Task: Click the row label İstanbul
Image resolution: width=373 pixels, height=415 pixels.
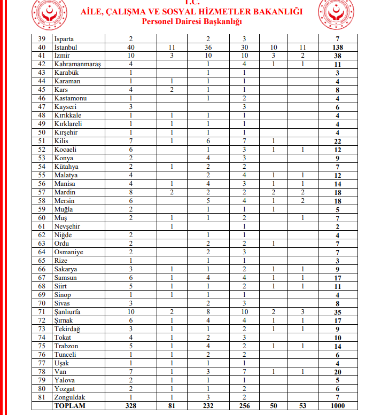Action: (x=66, y=48)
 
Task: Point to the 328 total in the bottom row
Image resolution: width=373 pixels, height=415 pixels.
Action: (x=130, y=406)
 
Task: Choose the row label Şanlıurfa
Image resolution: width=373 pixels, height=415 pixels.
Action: (x=69, y=312)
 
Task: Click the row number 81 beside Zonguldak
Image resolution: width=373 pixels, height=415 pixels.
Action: (x=42, y=397)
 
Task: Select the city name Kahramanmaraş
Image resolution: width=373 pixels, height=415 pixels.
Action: (x=78, y=65)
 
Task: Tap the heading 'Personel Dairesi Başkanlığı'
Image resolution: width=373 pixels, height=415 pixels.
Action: (x=192, y=21)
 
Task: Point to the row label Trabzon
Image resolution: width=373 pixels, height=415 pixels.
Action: (x=66, y=346)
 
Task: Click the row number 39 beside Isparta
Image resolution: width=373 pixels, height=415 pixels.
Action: (x=42, y=39)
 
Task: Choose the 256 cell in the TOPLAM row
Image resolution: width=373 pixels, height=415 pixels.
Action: (x=244, y=406)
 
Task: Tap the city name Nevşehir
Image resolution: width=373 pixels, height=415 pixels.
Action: (x=68, y=226)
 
